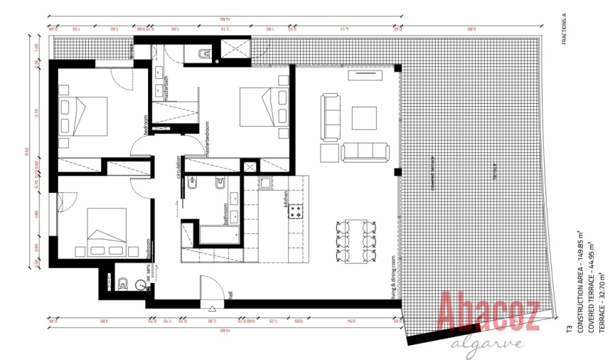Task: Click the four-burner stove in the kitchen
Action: [294, 211]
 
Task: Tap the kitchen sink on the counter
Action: [265, 184]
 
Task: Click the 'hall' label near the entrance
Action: [231, 294]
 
